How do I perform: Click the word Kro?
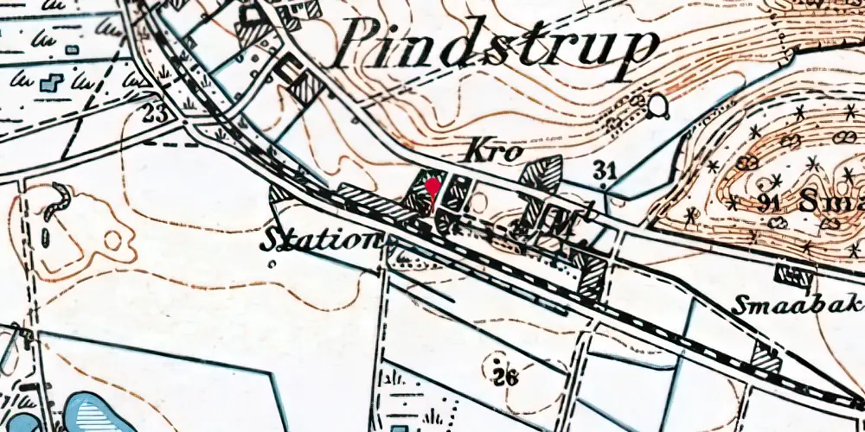click(496, 150)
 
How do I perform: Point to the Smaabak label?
click(798, 304)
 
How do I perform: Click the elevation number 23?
click(155, 112)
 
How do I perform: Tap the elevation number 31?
click(605, 170)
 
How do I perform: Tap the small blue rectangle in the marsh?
click(72, 50)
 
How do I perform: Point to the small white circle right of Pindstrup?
click(660, 108)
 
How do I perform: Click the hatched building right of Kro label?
click(541, 174)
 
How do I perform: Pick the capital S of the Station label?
click(272, 238)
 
